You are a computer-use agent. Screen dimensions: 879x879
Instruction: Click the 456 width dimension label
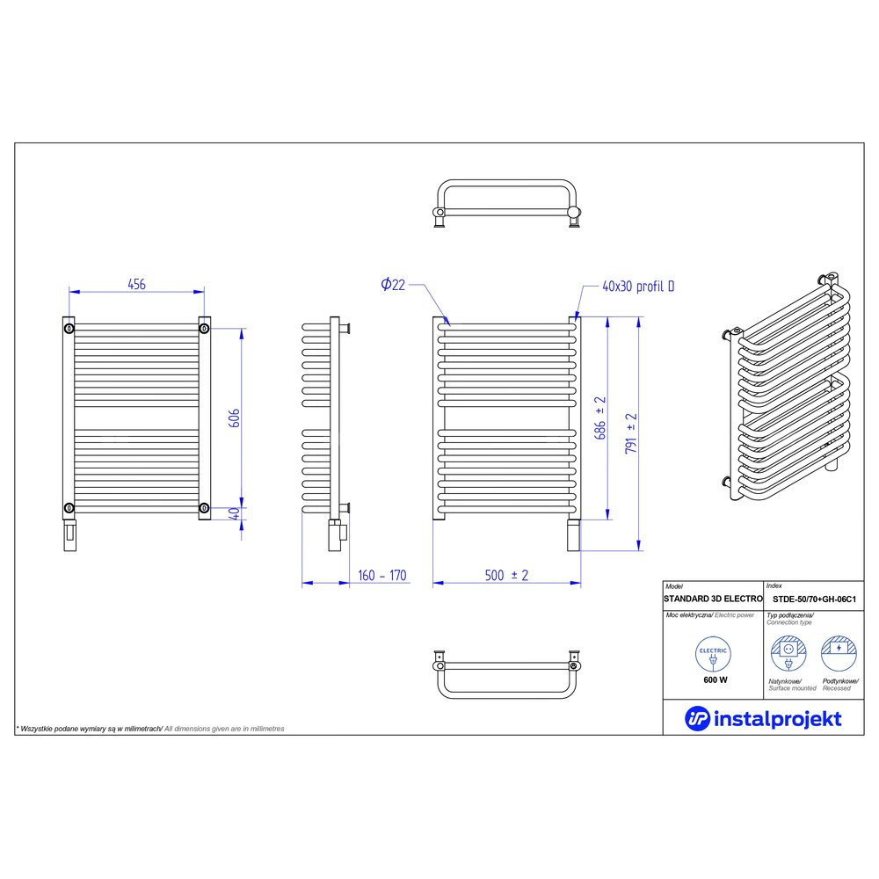tap(136, 284)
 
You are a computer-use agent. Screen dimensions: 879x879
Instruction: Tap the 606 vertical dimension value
tap(235, 418)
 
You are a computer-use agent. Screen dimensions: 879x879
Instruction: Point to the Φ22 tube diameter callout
tap(392, 285)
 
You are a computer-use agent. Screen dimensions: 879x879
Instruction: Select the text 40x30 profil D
tap(638, 287)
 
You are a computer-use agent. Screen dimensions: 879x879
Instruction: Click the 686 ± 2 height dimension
tap(599, 418)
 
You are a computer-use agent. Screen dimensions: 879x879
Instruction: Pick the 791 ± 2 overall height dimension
tap(631, 433)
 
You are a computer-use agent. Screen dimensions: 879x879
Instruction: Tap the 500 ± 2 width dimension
tap(506, 575)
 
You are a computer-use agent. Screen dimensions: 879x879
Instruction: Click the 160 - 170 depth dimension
tap(381, 575)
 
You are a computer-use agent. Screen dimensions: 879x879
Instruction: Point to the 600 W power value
tap(716, 680)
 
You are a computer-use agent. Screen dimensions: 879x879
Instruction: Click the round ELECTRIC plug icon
tap(713, 654)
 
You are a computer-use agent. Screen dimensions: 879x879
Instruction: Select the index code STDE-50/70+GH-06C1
tap(814, 599)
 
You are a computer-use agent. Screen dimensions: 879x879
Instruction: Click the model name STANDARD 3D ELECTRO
tap(713, 599)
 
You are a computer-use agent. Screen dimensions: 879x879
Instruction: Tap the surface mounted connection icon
tap(788, 653)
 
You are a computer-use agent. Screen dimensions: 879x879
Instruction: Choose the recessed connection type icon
tap(839, 653)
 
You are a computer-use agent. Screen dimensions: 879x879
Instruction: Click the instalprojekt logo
tap(763, 719)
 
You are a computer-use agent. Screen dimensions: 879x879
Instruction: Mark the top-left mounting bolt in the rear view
tap(69, 328)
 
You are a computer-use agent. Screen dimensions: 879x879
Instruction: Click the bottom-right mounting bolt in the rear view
tap(205, 508)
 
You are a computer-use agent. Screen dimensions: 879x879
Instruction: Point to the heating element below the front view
tap(573, 534)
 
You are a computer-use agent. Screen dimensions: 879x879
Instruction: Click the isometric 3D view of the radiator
tap(786, 388)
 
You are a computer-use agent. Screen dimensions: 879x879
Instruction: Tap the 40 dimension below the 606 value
tap(235, 513)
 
